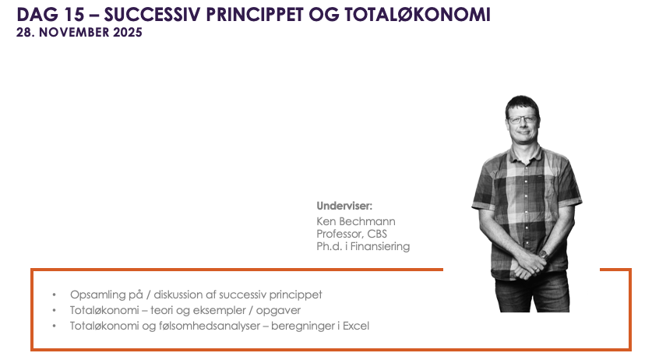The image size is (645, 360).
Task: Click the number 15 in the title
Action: point(74,15)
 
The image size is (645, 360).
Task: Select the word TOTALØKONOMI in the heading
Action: point(418,15)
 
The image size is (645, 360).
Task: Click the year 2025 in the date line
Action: point(128,32)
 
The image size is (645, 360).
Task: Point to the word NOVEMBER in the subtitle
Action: point(75,32)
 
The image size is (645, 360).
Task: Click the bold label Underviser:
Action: point(344,206)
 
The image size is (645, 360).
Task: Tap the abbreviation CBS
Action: point(377,234)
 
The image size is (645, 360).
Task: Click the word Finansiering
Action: point(380,246)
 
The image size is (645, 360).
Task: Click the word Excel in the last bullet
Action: point(356,326)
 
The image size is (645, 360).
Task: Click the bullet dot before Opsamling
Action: point(54,295)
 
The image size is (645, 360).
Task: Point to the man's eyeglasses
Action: point(523,120)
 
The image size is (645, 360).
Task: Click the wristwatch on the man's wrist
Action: point(544,255)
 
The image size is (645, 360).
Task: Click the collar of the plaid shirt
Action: point(524,151)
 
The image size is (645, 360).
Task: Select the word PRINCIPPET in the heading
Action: point(254,15)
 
